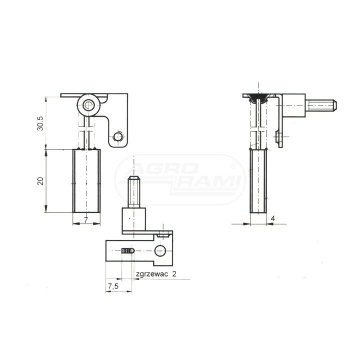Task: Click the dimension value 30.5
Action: click(x=40, y=123)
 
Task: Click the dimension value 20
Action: click(x=40, y=181)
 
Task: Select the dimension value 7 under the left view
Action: click(x=86, y=220)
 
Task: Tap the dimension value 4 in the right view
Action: click(x=273, y=218)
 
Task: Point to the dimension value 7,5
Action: click(x=113, y=286)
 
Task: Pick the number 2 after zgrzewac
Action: click(x=174, y=273)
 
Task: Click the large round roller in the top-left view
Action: click(x=88, y=105)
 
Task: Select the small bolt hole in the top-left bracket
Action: click(x=118, y=137)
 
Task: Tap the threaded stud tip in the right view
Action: click(x=334, y=105)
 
